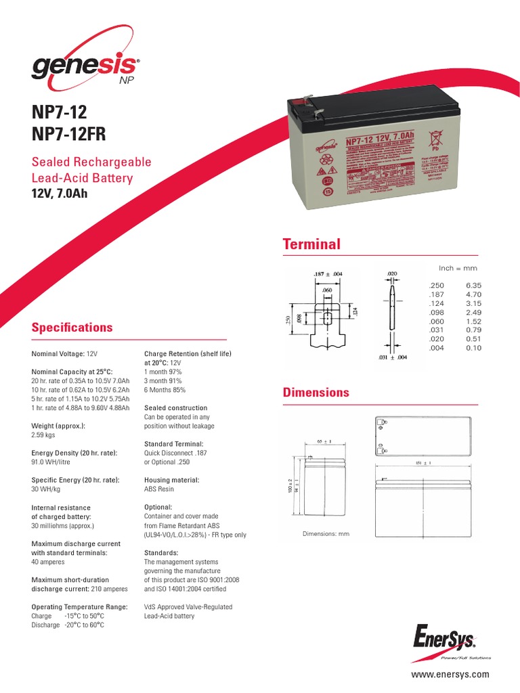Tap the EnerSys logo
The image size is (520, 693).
click(x=452, y=638)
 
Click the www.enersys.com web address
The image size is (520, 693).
click(x=450, y=675)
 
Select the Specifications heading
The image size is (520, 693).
click(x=72, y=328)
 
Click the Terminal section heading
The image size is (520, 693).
click(x=311, y=244)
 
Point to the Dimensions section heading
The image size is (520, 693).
click(x=316, y=393)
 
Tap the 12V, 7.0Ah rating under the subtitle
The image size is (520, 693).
click(x=60, y=194)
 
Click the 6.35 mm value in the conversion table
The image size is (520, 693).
click(x=474, y=286)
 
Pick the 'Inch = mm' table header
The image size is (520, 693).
click(x=458, y=269)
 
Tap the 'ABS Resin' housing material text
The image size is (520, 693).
click(x=160, y=489)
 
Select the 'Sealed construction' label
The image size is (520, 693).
click(x=176, y=408)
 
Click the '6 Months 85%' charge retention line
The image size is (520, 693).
click(x=165, y=390)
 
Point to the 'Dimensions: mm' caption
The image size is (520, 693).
click(x=326, y=535)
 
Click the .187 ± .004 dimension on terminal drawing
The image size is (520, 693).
click(x=328, y=274)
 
